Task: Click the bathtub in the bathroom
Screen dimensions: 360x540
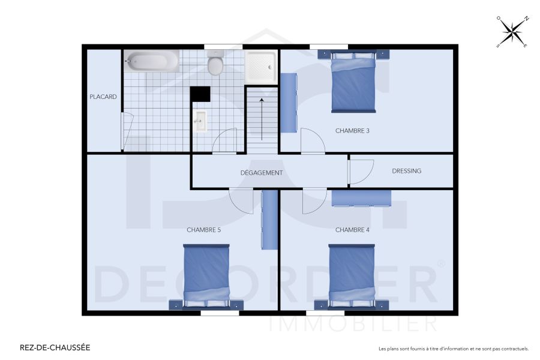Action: pos(152,62)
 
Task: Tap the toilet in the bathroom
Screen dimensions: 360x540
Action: pos(215,64)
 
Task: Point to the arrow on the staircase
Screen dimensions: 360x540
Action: pos(262,118)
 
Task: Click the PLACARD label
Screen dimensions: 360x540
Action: pos(103,97)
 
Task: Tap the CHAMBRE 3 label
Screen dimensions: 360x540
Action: pos(352,130)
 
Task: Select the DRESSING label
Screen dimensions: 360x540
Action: pos(406,171)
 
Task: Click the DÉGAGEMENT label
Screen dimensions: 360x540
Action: pos(261,173)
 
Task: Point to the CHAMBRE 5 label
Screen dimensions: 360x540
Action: pos(203,230)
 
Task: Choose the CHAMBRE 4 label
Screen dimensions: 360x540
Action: pos(352,230)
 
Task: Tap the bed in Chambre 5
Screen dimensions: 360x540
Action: pos(206,275)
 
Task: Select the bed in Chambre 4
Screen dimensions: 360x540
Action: pos(352,275)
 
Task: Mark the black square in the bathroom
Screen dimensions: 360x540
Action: pos(200,95)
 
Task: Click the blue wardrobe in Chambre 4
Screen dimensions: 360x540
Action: pos(361,197)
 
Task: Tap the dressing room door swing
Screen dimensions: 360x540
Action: pos(361,172)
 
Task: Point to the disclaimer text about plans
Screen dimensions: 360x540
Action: pos(453,349)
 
